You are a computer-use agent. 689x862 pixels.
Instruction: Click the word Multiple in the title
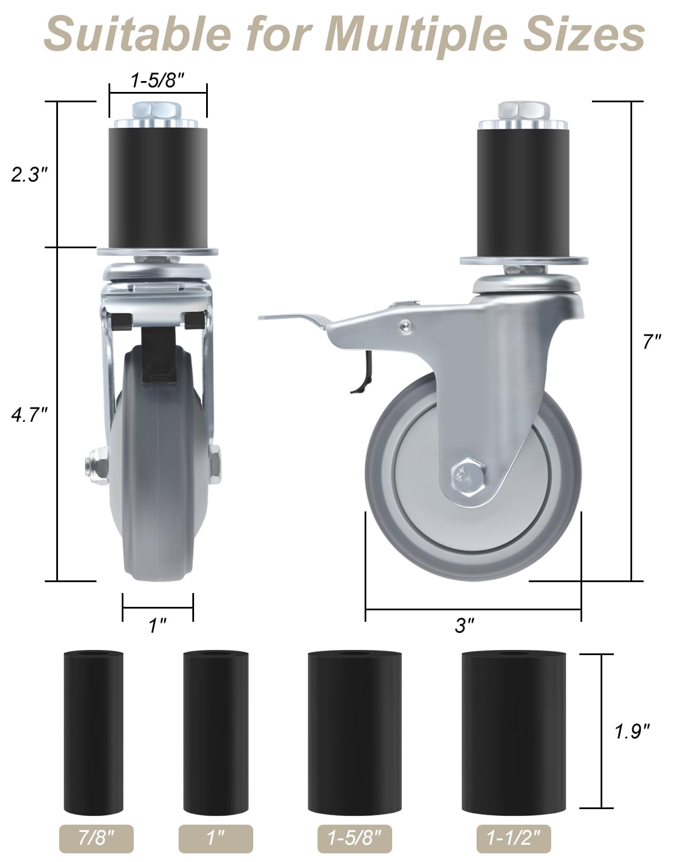(x=416, y=34)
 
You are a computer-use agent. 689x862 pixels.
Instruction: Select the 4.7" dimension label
(x=29, y=414)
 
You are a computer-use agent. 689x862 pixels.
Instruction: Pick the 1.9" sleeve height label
(x=632, y=731)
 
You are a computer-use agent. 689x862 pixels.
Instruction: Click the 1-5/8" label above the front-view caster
(x=157, y=81)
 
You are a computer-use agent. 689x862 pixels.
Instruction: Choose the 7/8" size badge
(x=96, y=838)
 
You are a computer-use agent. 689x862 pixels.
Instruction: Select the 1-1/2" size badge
(x=513, y=838)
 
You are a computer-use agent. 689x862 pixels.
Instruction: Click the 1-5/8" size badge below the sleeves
(x=354, y=838)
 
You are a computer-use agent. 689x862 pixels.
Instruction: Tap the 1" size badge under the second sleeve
(x=215, y=838)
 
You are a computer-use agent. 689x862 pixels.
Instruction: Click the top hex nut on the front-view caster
(x=157, y=110)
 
